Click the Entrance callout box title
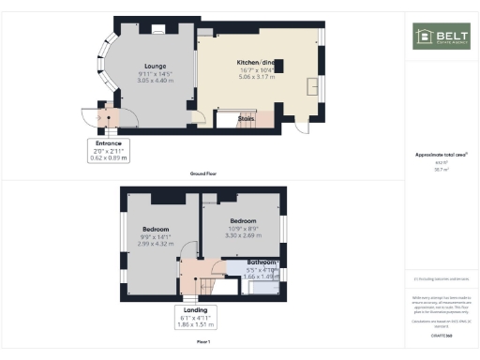pyautogui.click(x=96, y=143)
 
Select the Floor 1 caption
pyautogui.click(x=202, y=342)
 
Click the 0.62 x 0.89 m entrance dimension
pyautogui.click(x=96, y=157)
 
